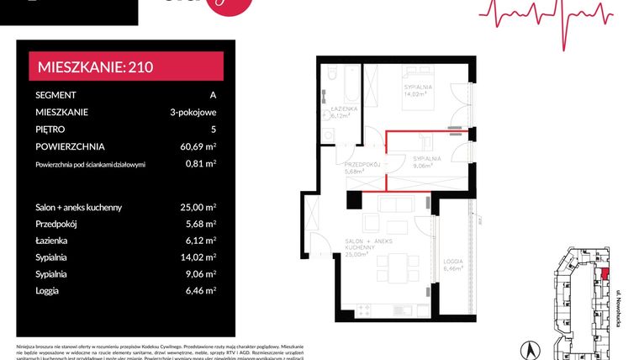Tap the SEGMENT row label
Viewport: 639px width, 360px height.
56,95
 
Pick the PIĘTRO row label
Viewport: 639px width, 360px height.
52,130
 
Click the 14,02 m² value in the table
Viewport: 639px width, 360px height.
198,257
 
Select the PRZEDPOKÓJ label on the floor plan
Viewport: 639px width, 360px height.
363,165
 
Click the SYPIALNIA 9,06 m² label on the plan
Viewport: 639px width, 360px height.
427,161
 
